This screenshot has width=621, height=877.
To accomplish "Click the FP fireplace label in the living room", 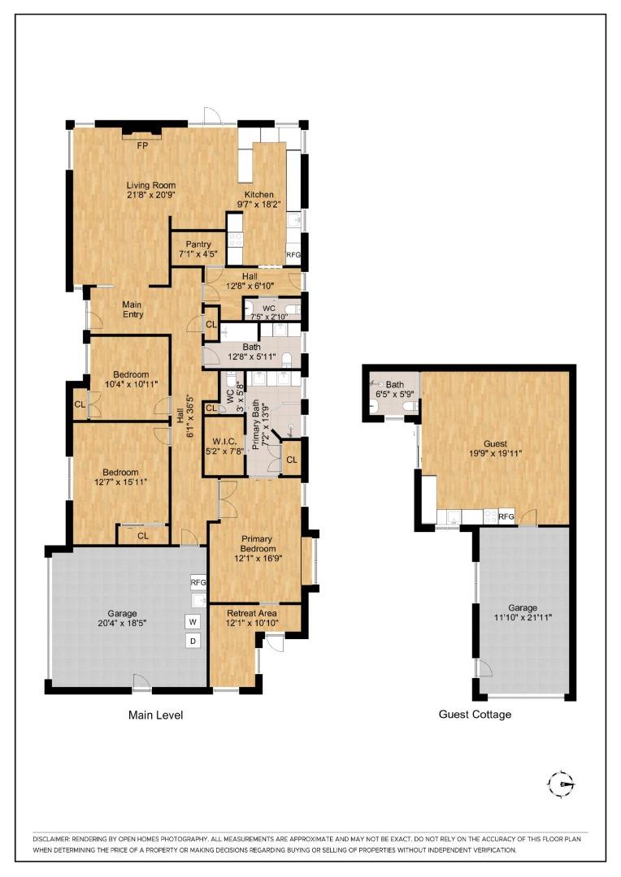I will coord(141,146).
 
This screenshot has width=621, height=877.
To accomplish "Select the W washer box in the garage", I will coord(193,621).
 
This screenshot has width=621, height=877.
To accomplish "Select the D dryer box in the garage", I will coord(193,641).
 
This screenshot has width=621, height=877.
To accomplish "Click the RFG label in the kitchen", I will coord(293,255).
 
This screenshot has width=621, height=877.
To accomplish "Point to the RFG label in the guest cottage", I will coord(506,516).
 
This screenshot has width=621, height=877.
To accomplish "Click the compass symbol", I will coord(561,784).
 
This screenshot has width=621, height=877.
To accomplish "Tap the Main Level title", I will coord(155,715).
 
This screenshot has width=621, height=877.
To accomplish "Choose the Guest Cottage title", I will coord(475,715).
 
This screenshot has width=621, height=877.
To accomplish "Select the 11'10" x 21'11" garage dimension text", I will coord(523,617).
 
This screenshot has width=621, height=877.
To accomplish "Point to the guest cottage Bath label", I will coord(395,385).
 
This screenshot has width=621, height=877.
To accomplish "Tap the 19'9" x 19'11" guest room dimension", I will coord(495,454).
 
